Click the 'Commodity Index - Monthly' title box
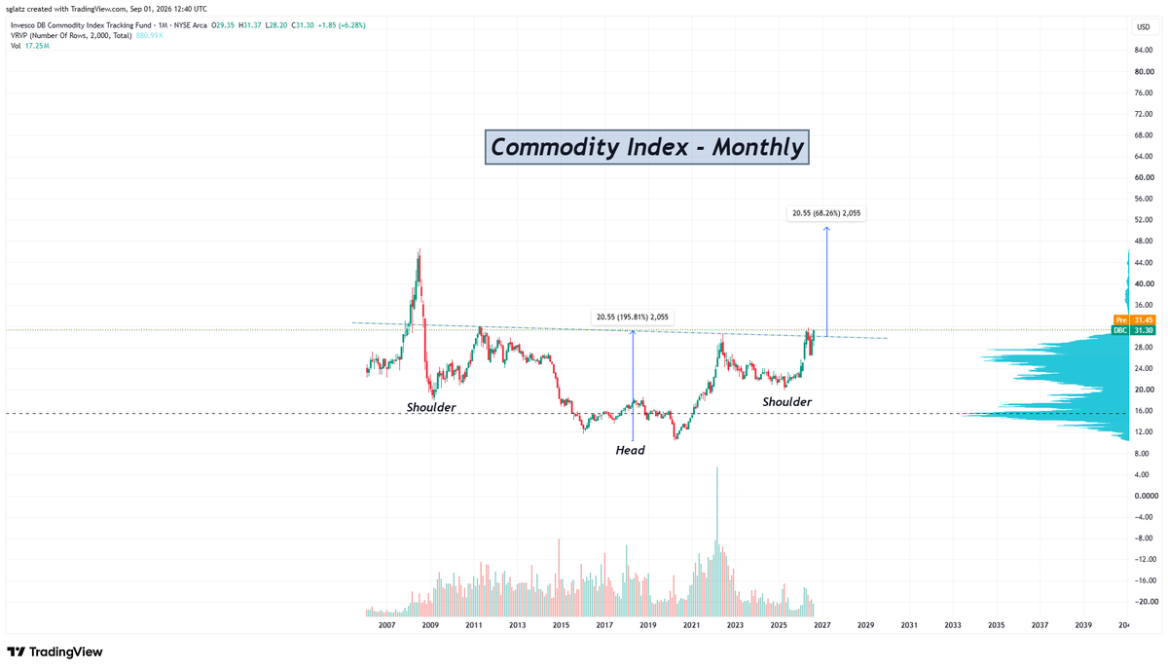(646, 147)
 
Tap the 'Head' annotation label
(630, 450)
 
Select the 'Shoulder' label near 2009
(430, 407)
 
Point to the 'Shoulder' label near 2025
(786, 402)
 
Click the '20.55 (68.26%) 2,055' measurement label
(826, 213)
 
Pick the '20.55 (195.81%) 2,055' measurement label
(633, 316)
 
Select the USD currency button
(1143, 27)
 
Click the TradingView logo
(55, 651)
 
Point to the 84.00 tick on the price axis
(1144, 50)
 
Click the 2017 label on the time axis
(604, 625)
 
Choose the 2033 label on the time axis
(953, 625)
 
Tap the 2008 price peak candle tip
(420, 249)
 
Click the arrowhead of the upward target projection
(826, 228)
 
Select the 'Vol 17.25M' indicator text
(30, 46)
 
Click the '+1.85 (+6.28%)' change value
(342, 25)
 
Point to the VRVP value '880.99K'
(150, 35)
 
